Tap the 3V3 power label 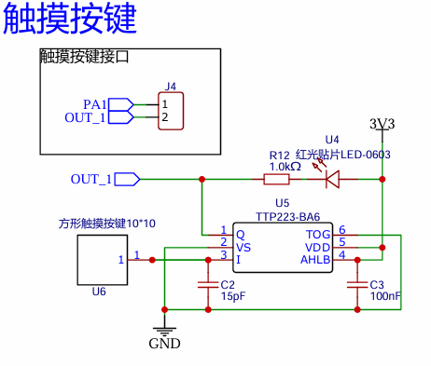(x=382, y=124)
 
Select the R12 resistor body (x=276, y=179)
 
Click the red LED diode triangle (x=332, y=179)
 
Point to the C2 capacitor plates (x=208, y=285)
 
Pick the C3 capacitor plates (x=357, y=285)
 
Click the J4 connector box (x=171, y=111)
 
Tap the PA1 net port (x=121, y=104)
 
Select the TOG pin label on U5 (x=318, y=235)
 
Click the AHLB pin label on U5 (x=315, y=260)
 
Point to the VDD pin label (x=317, y=248)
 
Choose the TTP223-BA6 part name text (x=287, y=217)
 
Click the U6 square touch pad (x=103, y=260)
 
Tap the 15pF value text (x=233, y=296)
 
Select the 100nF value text (x=385, y=296)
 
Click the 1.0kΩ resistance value (x=285, y=167)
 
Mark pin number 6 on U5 (x=342, y=230)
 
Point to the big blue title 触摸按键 (x=70, y=18)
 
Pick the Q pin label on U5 (x=241, y=235)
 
